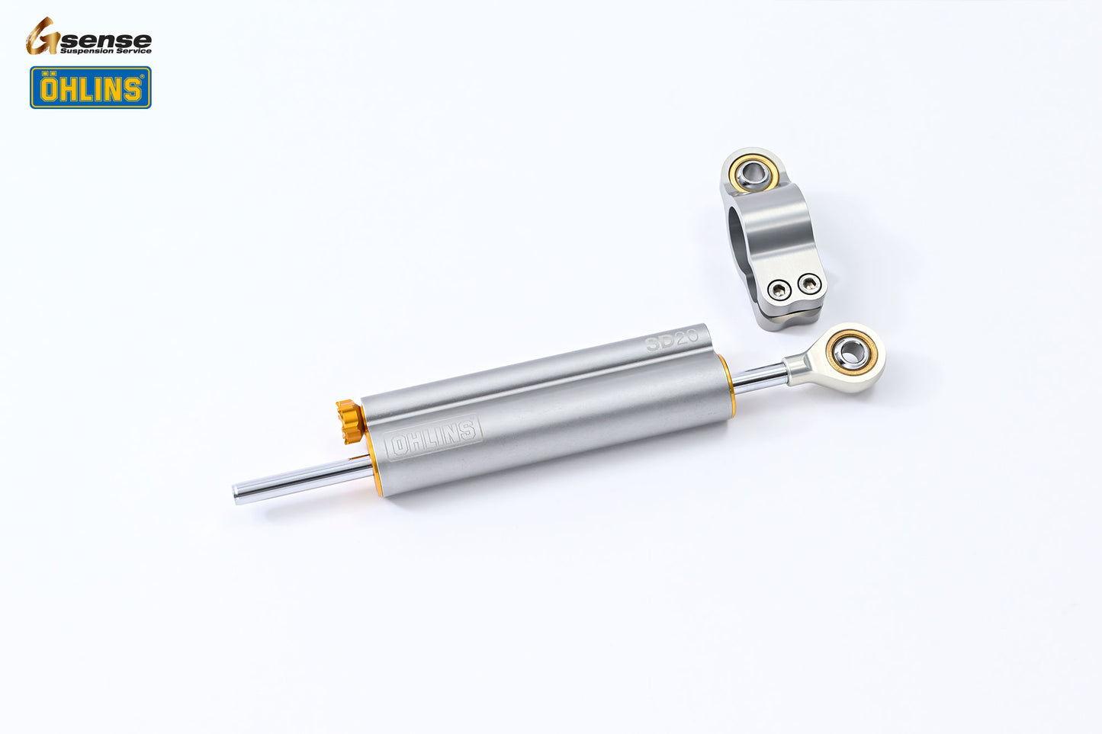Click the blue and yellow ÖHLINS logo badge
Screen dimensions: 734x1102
tap(91, 88)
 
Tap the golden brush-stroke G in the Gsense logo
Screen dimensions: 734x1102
tap(42, 37)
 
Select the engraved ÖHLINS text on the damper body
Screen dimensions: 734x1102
tap(433, 438)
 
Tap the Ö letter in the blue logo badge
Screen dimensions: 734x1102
tap(48, 88)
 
